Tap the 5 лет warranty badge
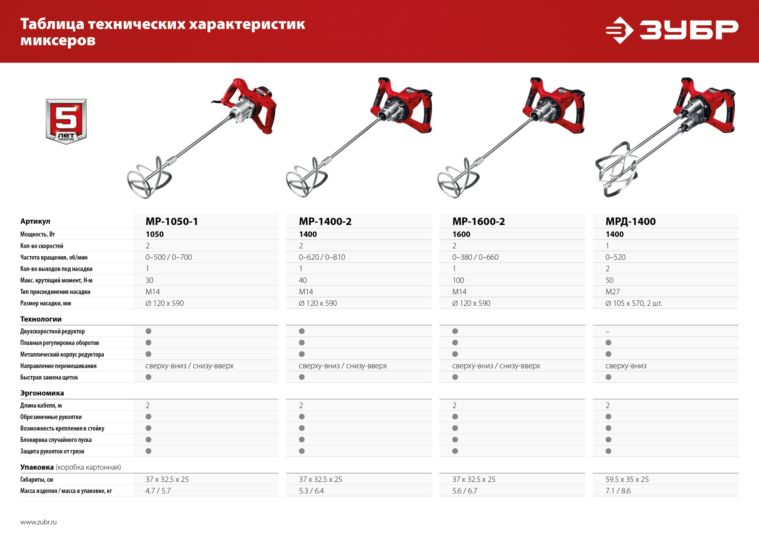click(66, 121)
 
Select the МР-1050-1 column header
click(172, 222)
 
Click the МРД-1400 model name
click(631, 222)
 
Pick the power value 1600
click(461, 234)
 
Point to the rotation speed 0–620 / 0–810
click(322, 258)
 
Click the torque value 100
click(458, 280)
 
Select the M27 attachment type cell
click(612, 292)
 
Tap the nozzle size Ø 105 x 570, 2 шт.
click(633, 303)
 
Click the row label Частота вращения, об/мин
click(54, 258)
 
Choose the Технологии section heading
click(41, 319)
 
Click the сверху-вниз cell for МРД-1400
click(626, 366)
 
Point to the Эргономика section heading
click(42, 393)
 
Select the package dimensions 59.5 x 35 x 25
click(627, 480)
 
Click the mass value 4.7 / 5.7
click(158, 491)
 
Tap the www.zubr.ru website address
click(38, 522)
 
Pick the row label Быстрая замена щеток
click(49, 378)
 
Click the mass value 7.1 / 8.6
click(618, 491)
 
